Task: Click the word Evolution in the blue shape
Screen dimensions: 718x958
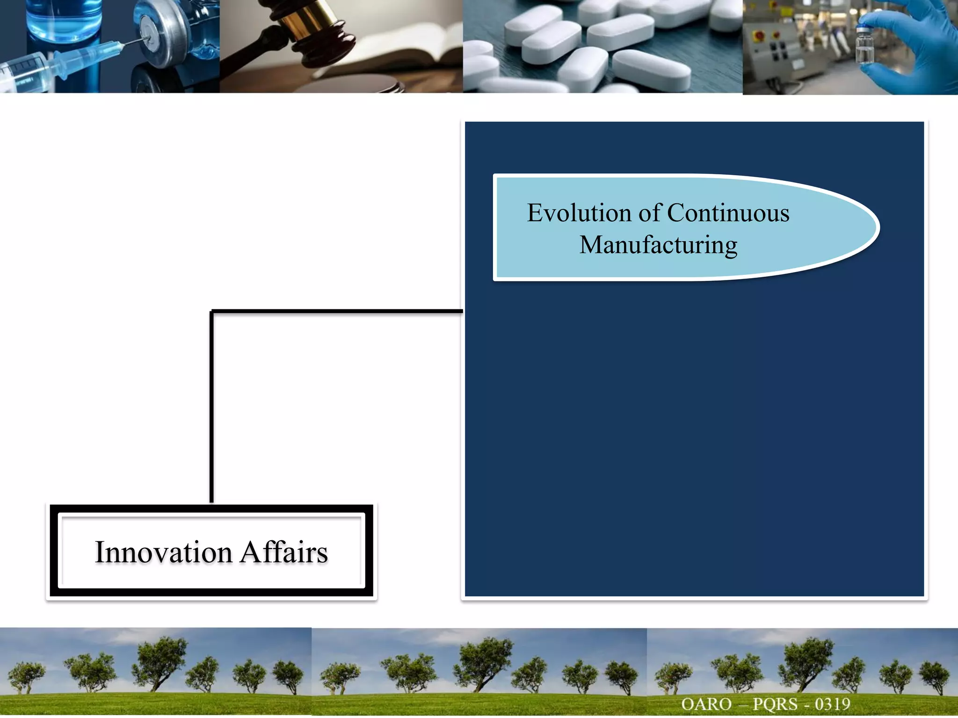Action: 579,213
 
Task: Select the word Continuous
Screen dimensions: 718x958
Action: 728,213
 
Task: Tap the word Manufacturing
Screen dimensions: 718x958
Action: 658,245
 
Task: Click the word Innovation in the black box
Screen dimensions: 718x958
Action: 164,552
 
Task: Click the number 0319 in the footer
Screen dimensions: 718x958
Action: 832,704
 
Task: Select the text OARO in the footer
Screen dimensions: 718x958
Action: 706,704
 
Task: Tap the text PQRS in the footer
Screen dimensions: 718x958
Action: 775,704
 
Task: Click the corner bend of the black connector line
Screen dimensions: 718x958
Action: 212,311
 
